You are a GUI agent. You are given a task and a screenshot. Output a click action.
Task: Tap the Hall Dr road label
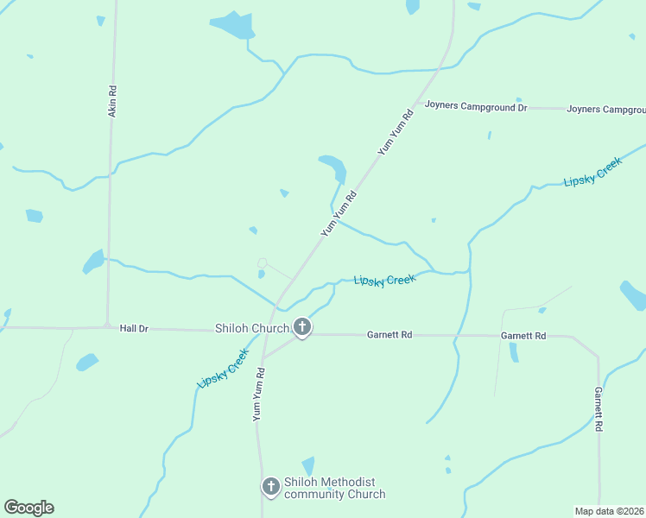click(x=134, y=328)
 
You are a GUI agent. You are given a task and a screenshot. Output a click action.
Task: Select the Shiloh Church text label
click(x=252, y=329)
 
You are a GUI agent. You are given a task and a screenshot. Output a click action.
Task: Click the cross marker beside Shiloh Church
click(x=302, y=327)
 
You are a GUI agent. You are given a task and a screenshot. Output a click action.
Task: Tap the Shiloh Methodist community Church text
click(x=334, y=488)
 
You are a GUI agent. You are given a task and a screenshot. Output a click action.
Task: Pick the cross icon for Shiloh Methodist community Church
click(x=270, y=487)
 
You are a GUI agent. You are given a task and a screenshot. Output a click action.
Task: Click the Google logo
click(x=28, y=508)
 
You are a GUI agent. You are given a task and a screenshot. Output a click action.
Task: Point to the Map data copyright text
click(x=610, y=510)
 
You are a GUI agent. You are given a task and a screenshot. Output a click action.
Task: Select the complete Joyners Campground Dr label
click(x=475, y=108)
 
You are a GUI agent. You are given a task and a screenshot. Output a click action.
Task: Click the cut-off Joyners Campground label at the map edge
click(x=606, y=110)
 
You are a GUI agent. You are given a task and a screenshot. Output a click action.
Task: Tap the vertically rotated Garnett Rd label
click(x=598, y=409)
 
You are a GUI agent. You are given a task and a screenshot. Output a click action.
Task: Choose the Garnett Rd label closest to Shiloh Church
click(x=389, y=334)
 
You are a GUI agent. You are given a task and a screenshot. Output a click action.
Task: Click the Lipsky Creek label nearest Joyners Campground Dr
click(x=592, y=172)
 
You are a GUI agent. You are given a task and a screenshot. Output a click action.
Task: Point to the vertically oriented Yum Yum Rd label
click(x=258, y=395)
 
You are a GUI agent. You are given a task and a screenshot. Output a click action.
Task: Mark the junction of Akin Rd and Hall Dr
click(x=107, y=326)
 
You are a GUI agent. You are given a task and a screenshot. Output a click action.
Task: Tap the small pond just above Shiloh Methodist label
click(x=308, y=466)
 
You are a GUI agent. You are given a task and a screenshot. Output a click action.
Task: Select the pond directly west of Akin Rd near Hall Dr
click(x=93, y=260)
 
